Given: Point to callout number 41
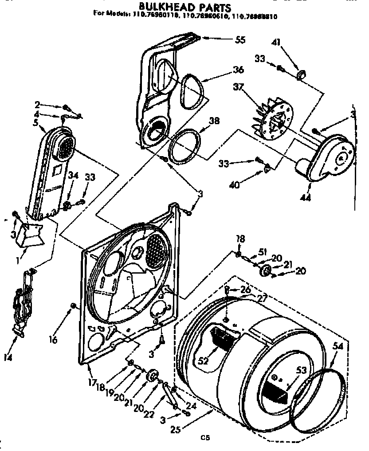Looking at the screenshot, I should point(276,43).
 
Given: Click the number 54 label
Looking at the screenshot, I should point(338,348).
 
